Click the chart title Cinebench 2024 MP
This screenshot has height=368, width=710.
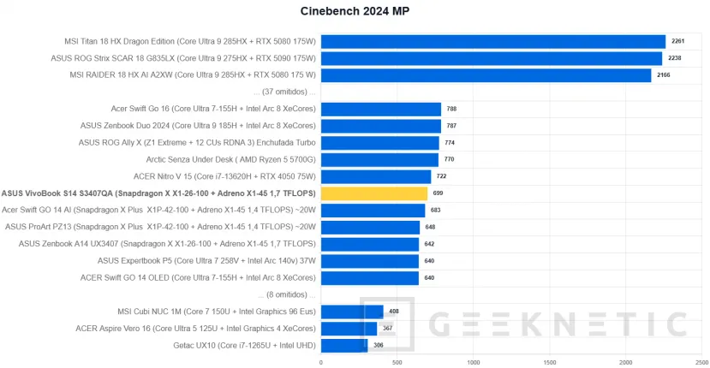pos(355,11)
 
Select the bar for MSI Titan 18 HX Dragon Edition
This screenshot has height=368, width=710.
pos(492,41)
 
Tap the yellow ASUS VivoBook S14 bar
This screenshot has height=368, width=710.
pos(373,193)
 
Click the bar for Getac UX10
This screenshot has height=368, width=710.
pos(344,345)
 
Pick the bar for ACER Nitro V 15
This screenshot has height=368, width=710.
pos(375,176)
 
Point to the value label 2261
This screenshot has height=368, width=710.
pos(677,41)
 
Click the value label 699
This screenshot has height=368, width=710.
pos(438,193)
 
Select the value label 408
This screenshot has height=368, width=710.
pos(394,312)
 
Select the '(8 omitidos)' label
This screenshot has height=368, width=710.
pos(287,294)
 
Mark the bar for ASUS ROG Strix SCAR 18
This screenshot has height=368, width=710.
pos(491,58)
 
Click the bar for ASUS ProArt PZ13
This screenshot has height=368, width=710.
pos(370,227)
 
